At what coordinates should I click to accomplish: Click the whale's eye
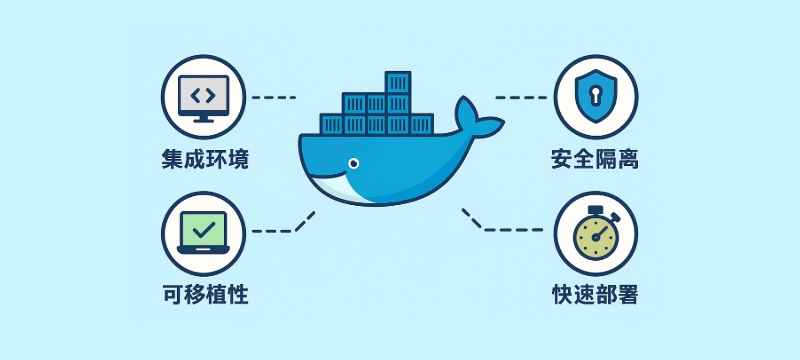click(351, 163)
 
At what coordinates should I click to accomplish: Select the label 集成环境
click(204, 159)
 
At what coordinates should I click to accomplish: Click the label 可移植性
click(204, 295)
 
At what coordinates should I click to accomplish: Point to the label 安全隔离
click(595, 159)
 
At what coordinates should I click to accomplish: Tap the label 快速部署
click(595, 295)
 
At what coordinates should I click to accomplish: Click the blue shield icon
click(596, 97)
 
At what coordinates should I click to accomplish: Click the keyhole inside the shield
click(596, 96)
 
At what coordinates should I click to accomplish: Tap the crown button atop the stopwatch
click(596, 209)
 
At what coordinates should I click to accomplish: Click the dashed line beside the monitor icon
click(274, 98)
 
